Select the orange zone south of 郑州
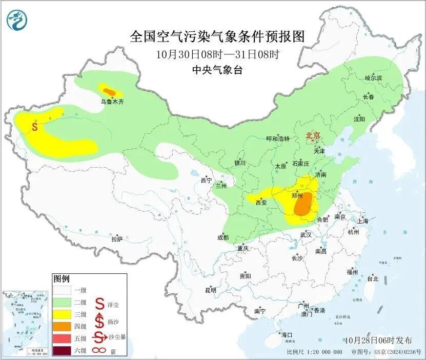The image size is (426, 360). pyautogui.click(x=302, y=205)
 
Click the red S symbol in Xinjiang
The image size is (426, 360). pyautogui.click(x=34, y=126)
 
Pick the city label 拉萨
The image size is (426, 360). pyautogui.click(x=117, y=239)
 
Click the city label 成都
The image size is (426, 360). pyautogui.click(x=222, y=237)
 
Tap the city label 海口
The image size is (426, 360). pyautogui.click(x=287, y=335)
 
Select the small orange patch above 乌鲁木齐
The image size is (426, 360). pyautogui.click(x=108, y=91)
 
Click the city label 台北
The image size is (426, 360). pyautogui.click(x=372, y=279)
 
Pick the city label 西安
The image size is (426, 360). pyautogui.click(x=261, y=203)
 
